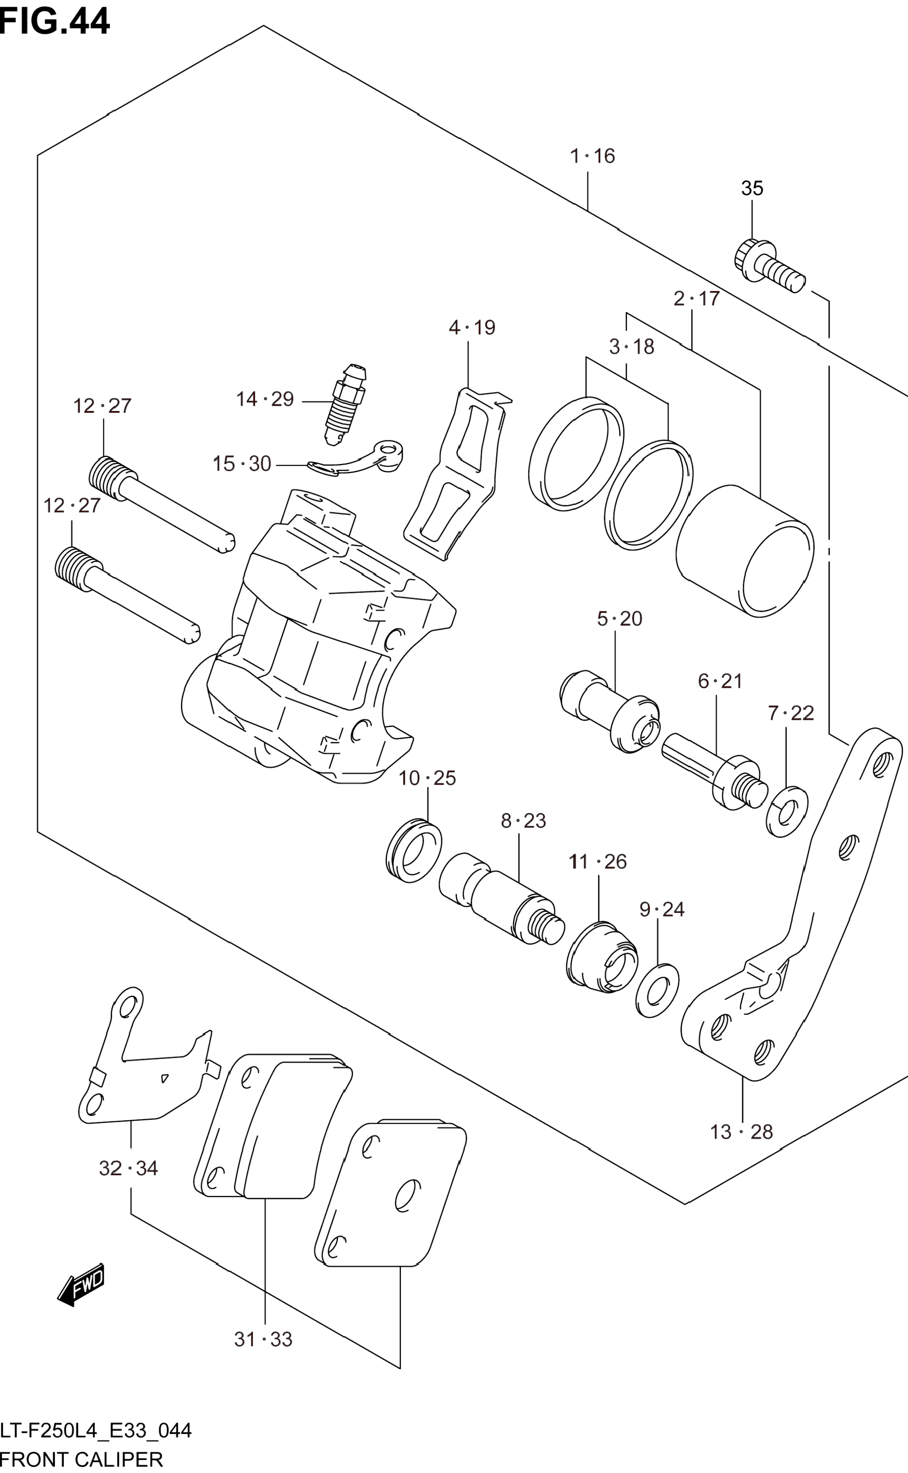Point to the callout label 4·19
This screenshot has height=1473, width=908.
click(472, 328)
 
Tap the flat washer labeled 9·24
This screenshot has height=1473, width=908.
click(657, 990)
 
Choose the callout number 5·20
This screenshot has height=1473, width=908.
click(619, 618)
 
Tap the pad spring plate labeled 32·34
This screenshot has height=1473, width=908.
click(144, 1066)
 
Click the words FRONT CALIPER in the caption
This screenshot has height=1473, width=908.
click(82, 1459)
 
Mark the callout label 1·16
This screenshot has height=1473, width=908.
click(592, 156)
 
